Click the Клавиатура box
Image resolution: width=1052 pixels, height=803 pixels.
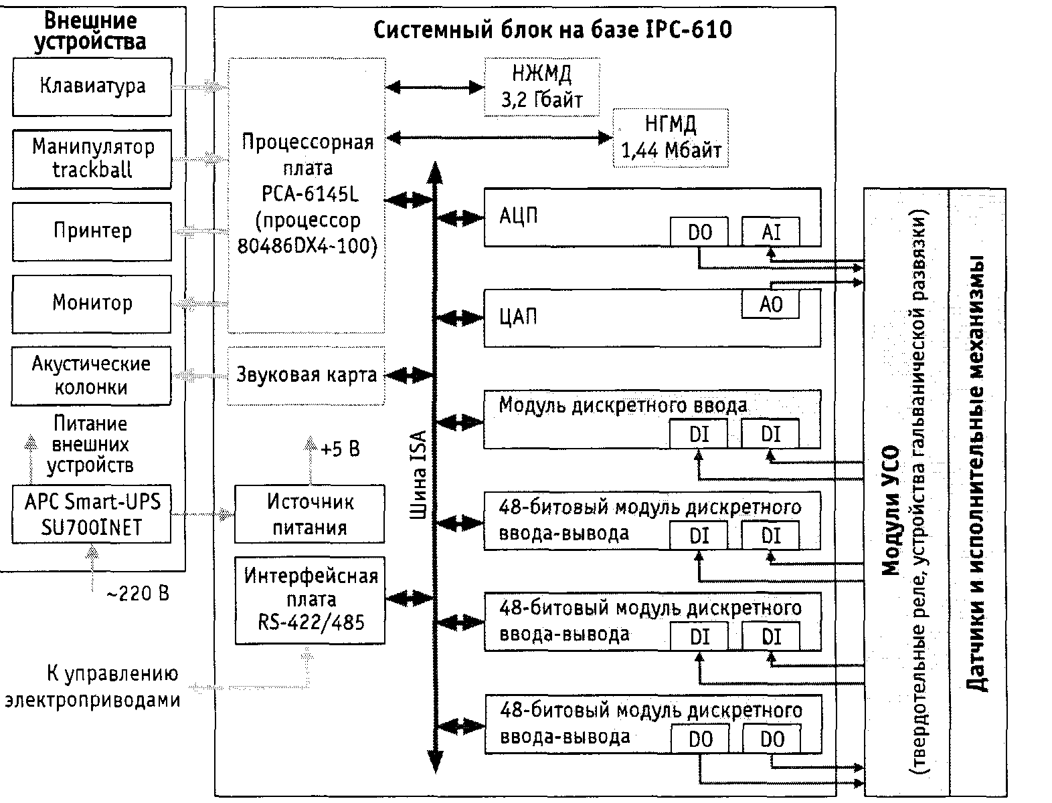point(92,86)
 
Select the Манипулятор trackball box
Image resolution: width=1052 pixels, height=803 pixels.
point(92,158)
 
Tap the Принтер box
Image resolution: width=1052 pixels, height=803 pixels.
point(92,231)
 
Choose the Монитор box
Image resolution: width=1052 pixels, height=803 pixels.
point(92,303)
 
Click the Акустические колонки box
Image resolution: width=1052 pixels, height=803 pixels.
point(92,376)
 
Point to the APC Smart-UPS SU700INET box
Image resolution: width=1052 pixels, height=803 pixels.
point(92,514)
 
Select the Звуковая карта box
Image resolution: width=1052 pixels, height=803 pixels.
point(306,375)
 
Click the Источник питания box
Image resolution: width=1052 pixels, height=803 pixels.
point(310,514)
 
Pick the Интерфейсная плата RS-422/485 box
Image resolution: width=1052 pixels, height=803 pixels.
point(311,600)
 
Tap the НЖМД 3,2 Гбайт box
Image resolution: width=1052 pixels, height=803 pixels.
point(542,87)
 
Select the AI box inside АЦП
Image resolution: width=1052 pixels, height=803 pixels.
point(771,232)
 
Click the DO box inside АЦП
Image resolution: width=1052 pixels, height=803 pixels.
point(699,232)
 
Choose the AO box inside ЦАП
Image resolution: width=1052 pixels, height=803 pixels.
point(771,304)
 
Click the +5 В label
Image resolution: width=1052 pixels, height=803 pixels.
point(340,449)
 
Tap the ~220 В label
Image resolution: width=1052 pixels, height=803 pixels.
point(138,593)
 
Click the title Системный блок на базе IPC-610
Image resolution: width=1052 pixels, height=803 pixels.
point(552,30)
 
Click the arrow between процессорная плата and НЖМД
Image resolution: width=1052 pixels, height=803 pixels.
point(435,87)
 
